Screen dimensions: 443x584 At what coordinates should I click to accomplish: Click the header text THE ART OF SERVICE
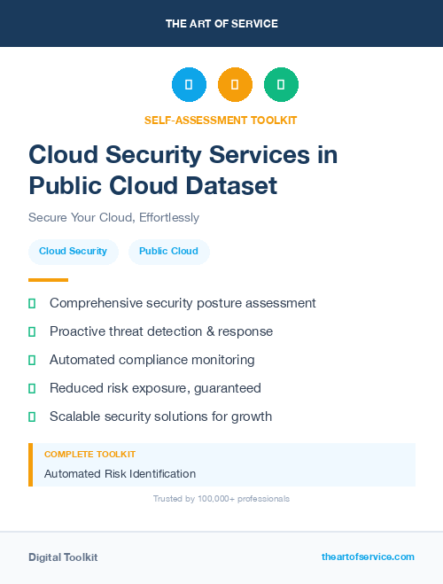pyautogui.click(x=221, y=24)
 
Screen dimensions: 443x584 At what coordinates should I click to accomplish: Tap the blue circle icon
pyautogui.click(x=189, y=85)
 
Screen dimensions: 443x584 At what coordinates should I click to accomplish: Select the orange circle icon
pyautogui.click(x=235, y=85)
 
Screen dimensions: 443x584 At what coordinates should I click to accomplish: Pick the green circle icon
pyautogui.click(x=281, y=85)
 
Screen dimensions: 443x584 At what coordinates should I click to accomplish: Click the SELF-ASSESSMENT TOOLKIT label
pyautogui.click(x=221, y=120)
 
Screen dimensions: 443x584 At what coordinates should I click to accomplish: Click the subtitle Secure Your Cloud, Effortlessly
pyautogui.click(x=113, y=217)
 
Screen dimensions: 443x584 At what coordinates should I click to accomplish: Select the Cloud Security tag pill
pyautogui.click(x=73, y=251)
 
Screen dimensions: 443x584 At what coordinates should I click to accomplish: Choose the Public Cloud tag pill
pyautogui.click(x=168, y=251)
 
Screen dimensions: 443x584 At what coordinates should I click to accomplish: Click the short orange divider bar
pyautogui.click(x=48, y=280)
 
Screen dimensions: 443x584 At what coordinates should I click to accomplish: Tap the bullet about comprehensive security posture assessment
pyautogui.click(x=183, y=303)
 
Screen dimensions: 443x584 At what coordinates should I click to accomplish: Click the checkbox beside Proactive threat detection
pyautogui.click(x=32, y=331)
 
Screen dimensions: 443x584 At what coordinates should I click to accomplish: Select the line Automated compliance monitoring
pyautogui.click(x=152, y=360)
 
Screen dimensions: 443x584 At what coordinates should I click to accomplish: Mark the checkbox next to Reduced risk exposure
pyautogui.click(x=32, y=388)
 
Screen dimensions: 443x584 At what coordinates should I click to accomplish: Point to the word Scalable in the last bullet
pyautogui.click(x=77, y=417)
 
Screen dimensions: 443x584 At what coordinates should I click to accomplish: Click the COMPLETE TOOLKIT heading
pyautogui.click(x=89, y=455)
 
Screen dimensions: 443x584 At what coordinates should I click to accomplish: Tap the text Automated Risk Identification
pyautogui.click(x=120, y=474)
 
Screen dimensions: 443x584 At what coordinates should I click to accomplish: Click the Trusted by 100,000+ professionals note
pyautogui.click(x=221, y=499)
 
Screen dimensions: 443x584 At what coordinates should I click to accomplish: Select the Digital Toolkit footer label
pyautogui.click(x=63, y=557)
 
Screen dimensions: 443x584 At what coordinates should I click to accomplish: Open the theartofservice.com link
pyautogui.click(x=368, y=557)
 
